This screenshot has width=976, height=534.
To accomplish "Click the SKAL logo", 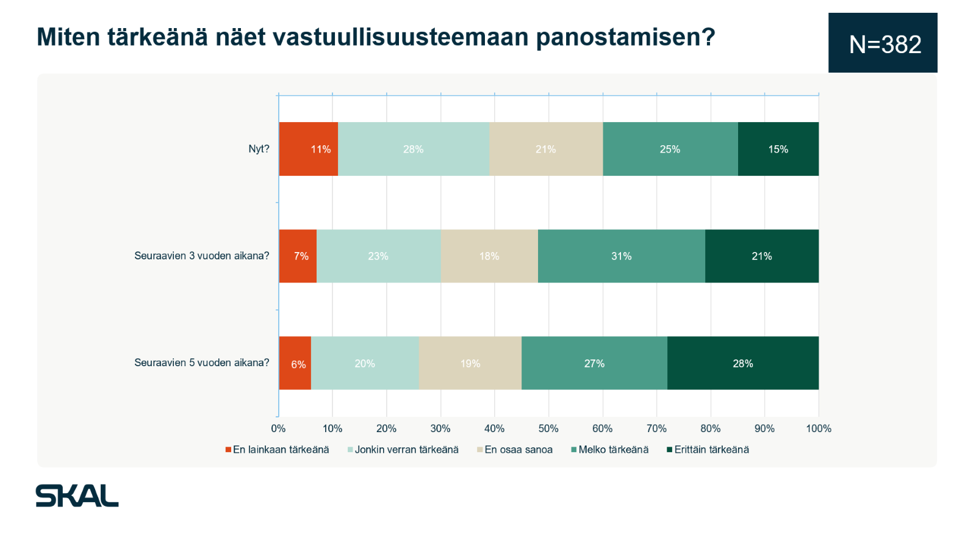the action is click(77, 496).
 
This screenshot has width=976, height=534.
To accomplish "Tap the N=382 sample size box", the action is click(883, 43).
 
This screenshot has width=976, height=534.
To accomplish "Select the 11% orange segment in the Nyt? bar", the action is click(309, 149).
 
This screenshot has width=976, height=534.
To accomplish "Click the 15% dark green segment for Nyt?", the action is click(778, 149).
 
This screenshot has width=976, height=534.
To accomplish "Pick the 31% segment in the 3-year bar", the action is click(622, 256).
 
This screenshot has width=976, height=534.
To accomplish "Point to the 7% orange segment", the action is click(298, 256).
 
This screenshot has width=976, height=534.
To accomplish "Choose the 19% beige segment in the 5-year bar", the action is click(470, 363).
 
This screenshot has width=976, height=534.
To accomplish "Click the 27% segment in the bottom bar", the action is click(594, 363).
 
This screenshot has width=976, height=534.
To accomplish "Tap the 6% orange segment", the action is click(295, 363).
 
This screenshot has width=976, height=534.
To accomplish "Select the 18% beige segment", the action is click(489, 256).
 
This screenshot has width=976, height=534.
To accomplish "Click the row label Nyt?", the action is click(259, 149).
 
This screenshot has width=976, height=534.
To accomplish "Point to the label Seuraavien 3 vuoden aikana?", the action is click(202, 256).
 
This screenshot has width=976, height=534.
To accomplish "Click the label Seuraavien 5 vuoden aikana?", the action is click(202, 363).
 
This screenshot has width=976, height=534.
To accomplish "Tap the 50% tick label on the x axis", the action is click(548, 428).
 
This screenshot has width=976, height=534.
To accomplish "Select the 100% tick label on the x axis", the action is click(819, 428).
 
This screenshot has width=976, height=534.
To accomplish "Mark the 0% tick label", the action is click(278, 428).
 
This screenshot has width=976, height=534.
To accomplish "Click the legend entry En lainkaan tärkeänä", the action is click(277, 449).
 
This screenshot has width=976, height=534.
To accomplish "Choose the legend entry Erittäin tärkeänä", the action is click(708, 449).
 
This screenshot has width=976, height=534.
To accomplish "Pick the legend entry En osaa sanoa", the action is click(515, 449).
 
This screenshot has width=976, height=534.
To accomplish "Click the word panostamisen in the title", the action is click(626, 37).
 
